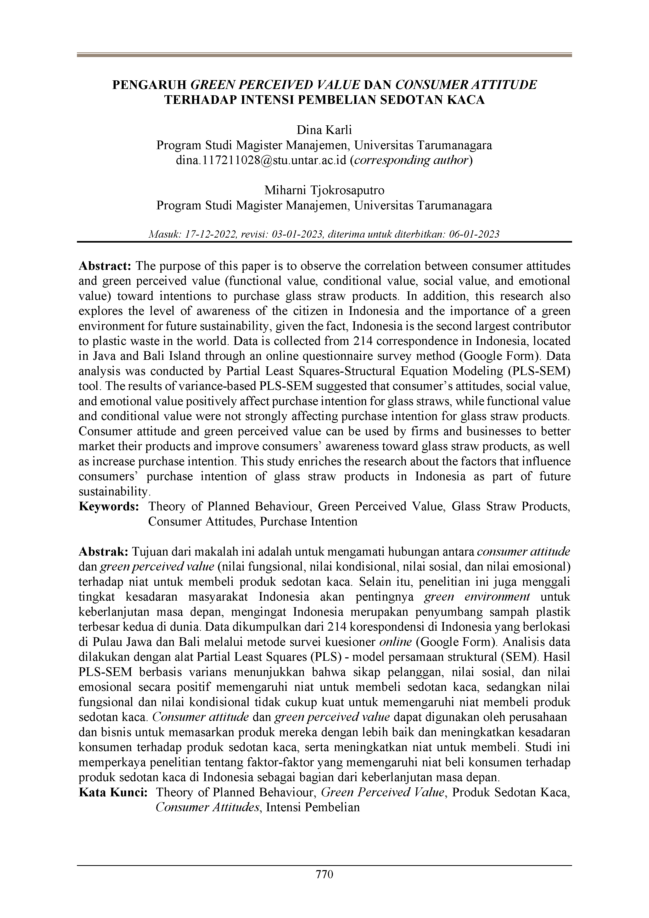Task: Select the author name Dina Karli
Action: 324,130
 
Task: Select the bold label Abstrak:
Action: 104,552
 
